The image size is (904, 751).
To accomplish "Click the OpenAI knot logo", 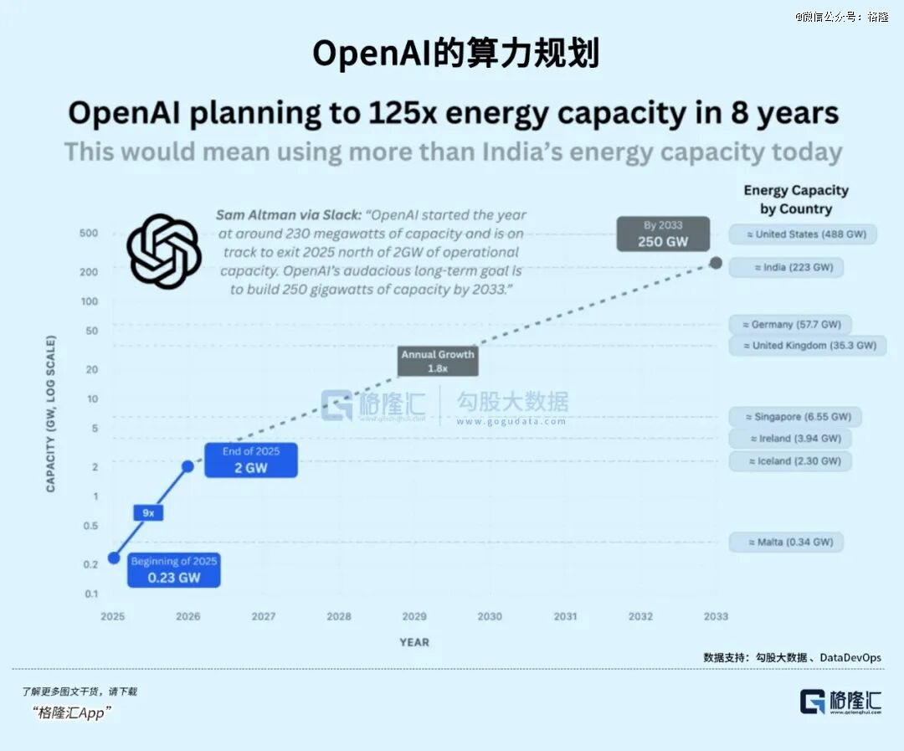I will [x=163, y=251].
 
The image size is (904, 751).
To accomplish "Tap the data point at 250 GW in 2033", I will [x=716, y=263].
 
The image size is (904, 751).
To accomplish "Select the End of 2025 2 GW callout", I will [x=251, y=460].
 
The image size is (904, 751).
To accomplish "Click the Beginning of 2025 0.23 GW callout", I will [x=174, y=569].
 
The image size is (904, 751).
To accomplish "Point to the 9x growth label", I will [x=148, y=512].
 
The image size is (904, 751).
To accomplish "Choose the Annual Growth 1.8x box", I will [x=438, y=361].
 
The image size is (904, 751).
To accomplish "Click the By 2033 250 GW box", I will [x=663, y=234].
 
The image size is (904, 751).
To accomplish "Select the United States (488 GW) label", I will [x=804, y=234].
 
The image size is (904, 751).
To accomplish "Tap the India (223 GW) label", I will [x=787, y=268].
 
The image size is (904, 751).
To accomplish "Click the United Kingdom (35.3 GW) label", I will [x=808, y=346].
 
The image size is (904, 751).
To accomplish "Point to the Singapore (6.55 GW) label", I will [x=795, y=417].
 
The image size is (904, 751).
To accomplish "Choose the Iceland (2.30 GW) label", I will [x=790, y=461].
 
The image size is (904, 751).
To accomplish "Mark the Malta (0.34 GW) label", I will [x=786, y=543].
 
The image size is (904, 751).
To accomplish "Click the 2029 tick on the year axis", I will [x=414, y=616].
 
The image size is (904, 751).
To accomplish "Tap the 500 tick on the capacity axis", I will [x=89, y=234].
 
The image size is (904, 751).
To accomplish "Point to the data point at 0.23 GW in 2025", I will [x=113, y=558].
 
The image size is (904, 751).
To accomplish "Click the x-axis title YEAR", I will [x=414, y=642].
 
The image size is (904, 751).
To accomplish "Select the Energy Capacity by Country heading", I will [x=796, y=199].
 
